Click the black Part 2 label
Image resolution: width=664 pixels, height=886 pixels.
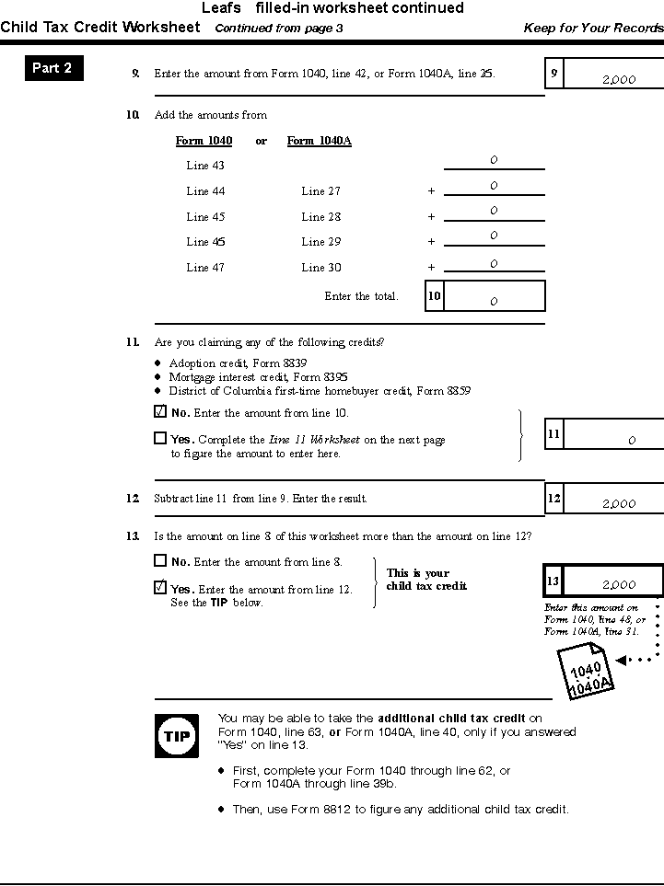click(52, 68)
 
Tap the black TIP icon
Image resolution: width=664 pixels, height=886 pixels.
click(175, 736)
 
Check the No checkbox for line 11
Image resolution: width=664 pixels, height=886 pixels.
click(160, 412)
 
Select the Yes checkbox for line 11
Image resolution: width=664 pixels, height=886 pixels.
click(160, 439)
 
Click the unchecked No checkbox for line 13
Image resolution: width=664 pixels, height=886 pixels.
click(160, 560)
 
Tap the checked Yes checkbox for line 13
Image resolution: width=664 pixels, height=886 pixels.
click(160, 588)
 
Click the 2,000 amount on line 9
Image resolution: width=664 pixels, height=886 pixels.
click(619, 80)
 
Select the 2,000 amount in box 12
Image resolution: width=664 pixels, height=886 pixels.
click(619, 503)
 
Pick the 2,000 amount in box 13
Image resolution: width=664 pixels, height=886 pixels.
click(619, 584)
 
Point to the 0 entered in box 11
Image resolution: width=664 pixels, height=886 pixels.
click(632, 441)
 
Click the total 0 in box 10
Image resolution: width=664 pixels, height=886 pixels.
click(494, 301)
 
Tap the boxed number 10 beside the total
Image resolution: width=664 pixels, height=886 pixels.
click(434, 295)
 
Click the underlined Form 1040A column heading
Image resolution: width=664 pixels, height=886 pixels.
click(319, 141)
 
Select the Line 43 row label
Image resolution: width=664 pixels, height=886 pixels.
click(205, 166)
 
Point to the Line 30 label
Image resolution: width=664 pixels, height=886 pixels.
click(320, 268)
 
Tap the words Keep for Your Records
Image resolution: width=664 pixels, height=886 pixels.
click(593, 28)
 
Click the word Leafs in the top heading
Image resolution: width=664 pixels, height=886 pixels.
click(221, 8)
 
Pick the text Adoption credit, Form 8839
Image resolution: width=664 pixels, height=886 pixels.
click(238, 363)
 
